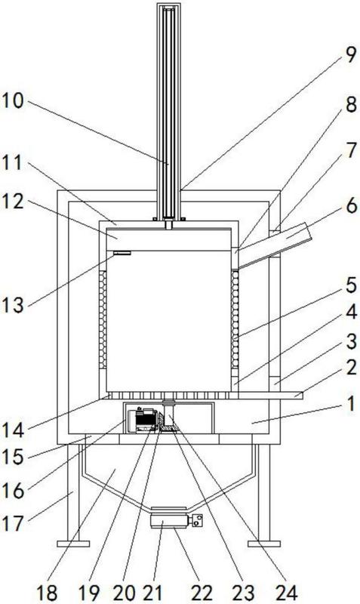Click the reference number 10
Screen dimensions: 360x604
coord(12,101)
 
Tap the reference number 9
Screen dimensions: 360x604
coord(350,54)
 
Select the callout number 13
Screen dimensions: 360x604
coord(13,305)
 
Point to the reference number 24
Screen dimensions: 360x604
coord(287,593)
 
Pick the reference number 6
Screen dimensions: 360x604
coord(351,206)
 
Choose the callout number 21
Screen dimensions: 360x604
coord(152,593)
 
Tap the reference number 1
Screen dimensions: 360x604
coord(350,405)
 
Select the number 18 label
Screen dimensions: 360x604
coord(47,593)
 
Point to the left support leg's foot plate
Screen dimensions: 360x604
coord(73,544)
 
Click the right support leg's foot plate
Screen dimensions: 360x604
coord(263,544)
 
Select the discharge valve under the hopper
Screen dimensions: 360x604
coord(169,521)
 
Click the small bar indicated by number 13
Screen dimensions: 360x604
coord(122,253)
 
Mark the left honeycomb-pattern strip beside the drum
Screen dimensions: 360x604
coord(103,319)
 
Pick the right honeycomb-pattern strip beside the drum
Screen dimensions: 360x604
coord(235,319)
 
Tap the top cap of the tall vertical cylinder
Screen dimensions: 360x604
coord(168,6)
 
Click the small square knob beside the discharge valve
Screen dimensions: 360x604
coord(198,521)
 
